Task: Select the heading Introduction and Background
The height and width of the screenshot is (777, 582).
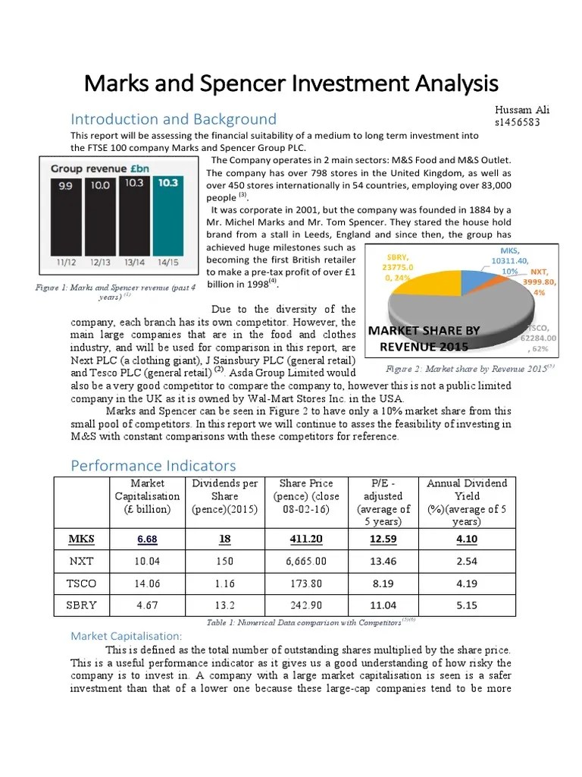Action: tap(174, 119)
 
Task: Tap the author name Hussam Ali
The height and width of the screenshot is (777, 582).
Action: tap(522, 110)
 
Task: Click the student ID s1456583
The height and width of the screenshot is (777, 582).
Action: tap(518, 122)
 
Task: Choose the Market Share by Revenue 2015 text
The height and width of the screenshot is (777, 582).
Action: tap(424, 338)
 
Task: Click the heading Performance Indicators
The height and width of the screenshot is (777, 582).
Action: tap(153, 465)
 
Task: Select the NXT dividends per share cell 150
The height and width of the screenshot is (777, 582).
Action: tap(225, 563)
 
